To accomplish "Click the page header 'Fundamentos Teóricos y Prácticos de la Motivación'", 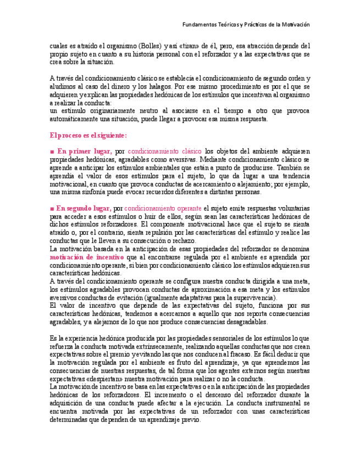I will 246,25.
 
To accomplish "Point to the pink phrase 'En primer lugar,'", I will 85,151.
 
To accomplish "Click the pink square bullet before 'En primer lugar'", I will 52,152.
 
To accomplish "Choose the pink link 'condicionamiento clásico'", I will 164,151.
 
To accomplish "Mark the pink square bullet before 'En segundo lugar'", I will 52,209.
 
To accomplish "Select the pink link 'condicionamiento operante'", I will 163,208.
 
